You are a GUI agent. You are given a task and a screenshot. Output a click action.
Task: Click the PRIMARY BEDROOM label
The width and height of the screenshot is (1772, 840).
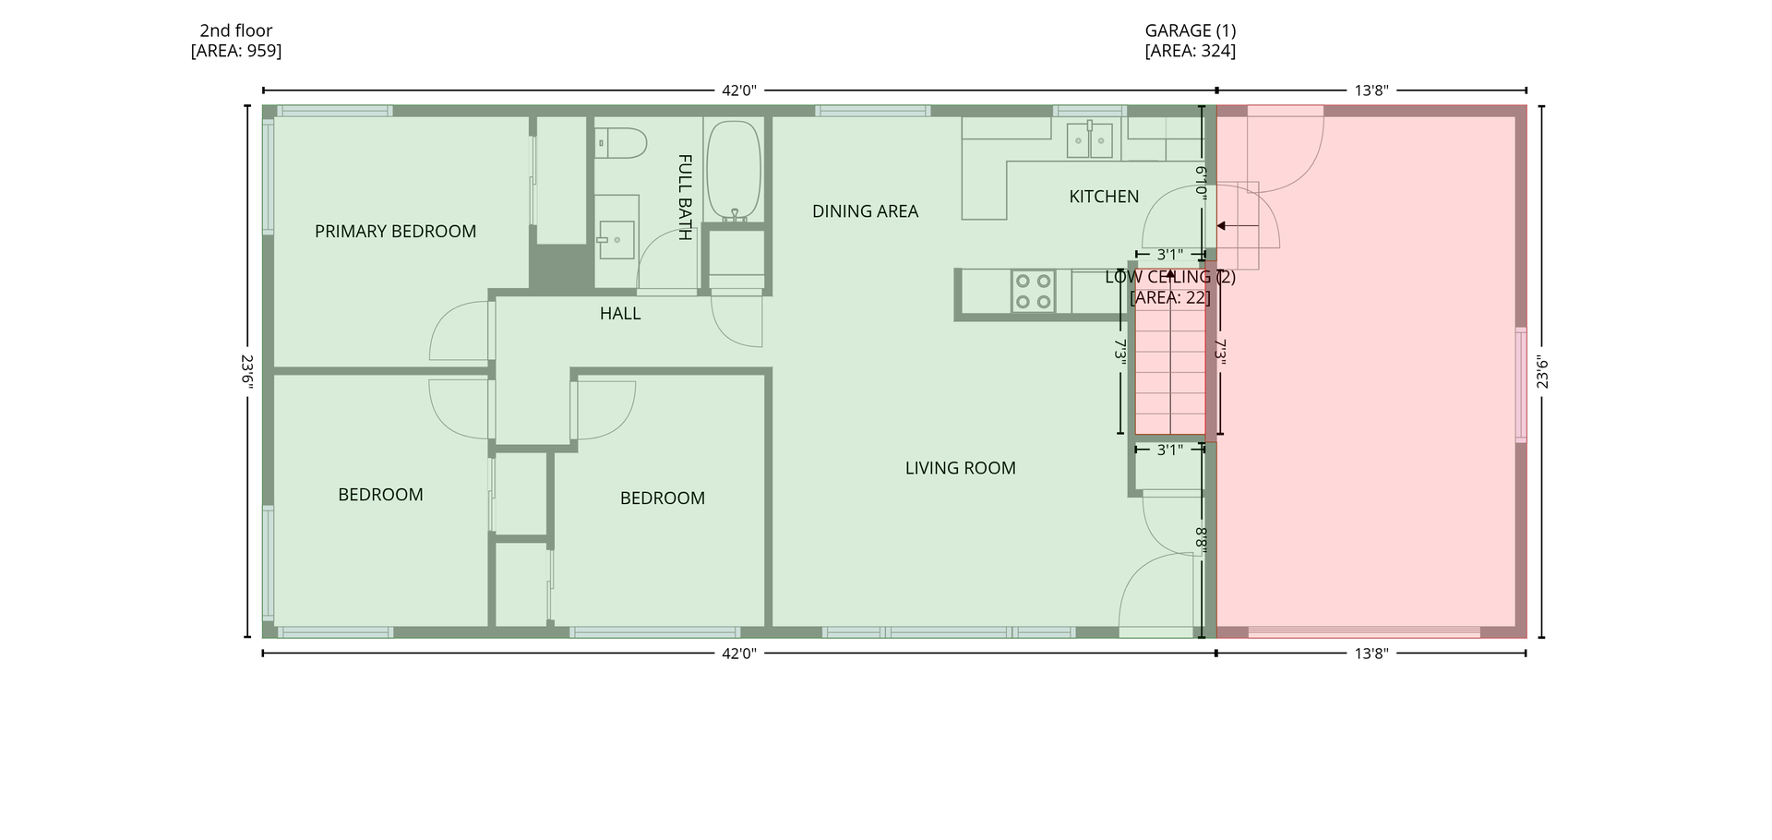pos(395,232)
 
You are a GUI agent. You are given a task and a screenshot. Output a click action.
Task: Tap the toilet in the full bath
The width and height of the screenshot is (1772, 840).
pos(620,143)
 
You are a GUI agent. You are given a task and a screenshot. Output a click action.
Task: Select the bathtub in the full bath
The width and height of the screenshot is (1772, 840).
pos(734,171)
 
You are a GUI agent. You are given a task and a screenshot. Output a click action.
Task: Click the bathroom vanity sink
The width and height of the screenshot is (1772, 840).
pos(616,240)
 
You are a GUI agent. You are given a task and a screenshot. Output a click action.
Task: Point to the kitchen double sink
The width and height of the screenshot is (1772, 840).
pos(1090,140)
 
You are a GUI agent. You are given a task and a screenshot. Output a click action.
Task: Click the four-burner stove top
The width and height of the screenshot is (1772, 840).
pos(1034,291)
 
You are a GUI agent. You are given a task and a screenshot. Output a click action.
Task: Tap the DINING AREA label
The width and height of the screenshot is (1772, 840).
pos(865,211)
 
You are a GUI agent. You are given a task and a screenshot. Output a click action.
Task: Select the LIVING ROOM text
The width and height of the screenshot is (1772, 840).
pos(960,468)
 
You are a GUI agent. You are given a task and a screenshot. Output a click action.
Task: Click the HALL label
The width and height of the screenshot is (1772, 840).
pos(620,314)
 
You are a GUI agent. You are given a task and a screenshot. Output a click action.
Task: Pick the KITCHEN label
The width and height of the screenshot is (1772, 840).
pos(1104,197)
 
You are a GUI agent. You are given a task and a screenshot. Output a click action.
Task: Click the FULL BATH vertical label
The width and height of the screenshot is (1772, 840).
pos(685,197)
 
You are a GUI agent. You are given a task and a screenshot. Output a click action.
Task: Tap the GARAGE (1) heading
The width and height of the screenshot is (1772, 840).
pos(1191,30)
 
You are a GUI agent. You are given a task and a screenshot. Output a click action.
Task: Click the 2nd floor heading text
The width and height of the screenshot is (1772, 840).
pos(236,30)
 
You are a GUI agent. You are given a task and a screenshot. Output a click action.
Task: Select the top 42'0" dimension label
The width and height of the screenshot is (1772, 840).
pos(739,90)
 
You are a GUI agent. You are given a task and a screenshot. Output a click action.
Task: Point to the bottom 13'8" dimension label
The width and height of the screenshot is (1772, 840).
pos(1371,654)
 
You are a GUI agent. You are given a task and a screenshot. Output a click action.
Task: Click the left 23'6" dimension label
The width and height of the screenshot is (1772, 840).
pos(247,372)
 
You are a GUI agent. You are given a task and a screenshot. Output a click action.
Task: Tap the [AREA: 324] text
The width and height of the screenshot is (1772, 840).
pos(1191,51)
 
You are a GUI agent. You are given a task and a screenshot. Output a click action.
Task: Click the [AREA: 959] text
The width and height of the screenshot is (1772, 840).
pos(236,51)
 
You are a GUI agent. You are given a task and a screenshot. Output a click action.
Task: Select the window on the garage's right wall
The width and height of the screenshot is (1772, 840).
pos(1521,384)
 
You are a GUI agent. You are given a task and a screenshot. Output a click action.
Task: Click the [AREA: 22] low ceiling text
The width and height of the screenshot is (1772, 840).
pos(1170,297)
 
